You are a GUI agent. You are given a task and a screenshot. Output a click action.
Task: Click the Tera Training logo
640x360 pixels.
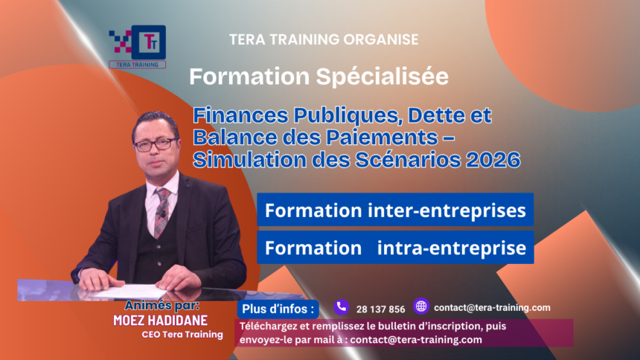[138, 46]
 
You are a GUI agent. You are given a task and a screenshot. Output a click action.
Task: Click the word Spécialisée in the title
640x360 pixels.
[386, 77]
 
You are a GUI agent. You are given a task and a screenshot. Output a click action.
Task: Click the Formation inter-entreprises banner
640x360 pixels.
[395, 211]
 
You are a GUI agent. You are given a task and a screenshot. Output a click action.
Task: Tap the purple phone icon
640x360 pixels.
[342, 306]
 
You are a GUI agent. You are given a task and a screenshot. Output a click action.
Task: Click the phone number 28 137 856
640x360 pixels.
[381, 309]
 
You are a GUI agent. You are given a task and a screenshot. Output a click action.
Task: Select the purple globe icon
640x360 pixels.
[421, 306]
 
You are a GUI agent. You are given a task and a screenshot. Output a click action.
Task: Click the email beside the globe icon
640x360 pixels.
[492, 307]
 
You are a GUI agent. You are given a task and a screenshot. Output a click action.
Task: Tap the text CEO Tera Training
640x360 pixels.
[182, 335]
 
